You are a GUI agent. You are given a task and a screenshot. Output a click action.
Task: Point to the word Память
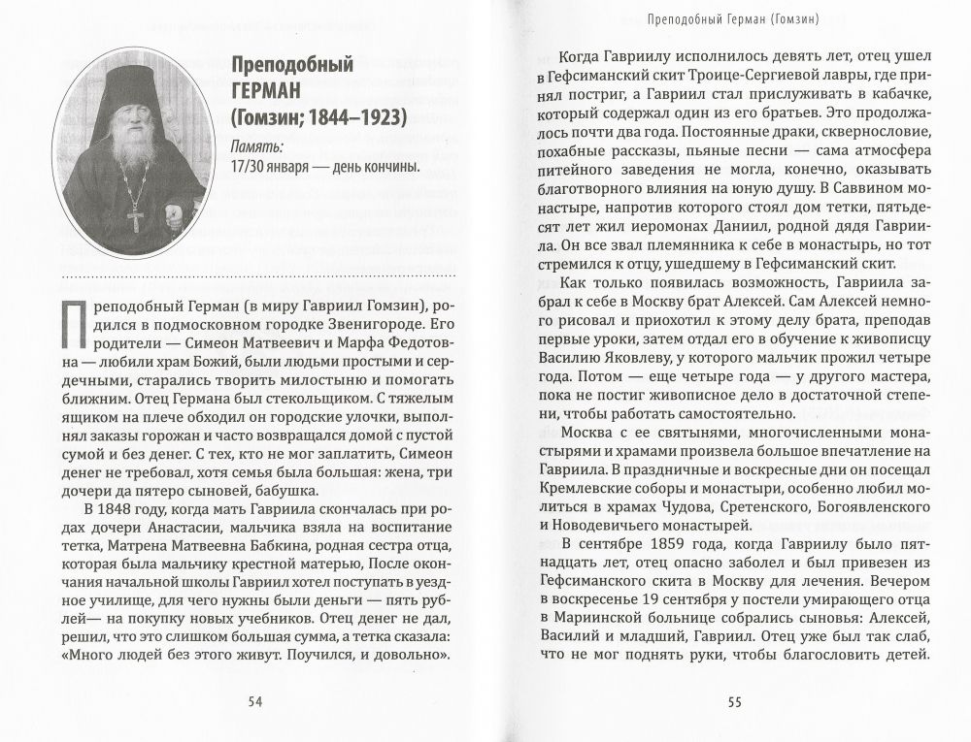256,147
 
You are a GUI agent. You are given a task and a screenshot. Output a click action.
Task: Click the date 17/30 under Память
251,167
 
